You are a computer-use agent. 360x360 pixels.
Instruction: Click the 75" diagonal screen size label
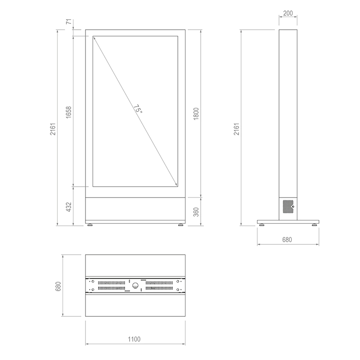pyautogui.click(x=137, y=109)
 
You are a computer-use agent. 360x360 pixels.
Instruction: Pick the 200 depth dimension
pyautogui.click(x=288, y=13)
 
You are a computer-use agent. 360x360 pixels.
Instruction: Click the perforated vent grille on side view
pyautogui.click(x=287, y=207)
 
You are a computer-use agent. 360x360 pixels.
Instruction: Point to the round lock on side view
pyautogui.click(x=293, y=207)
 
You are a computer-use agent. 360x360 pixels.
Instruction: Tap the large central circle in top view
pyautogui.click(x=135, y=284)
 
